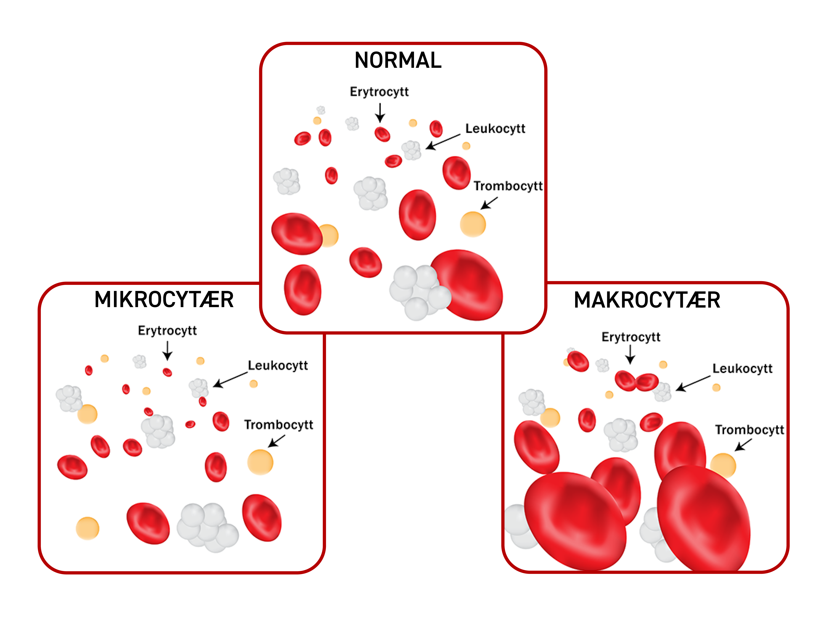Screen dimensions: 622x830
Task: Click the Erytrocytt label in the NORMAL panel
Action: coord(379,92)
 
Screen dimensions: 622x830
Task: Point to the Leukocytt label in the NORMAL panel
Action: coord(495,129)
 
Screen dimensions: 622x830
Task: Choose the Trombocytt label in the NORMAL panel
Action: coord(508,186)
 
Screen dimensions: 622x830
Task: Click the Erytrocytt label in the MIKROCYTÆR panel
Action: coord(167,331)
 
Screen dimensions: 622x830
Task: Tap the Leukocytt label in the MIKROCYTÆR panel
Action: coord(278,366)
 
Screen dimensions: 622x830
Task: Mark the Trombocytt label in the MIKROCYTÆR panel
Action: coord(278,425)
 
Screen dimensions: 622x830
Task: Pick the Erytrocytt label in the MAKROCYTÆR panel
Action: coord(631,337)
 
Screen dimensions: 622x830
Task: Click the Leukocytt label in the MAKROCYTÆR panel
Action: coord(742,369)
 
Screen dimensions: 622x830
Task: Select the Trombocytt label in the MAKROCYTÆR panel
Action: coord(749,430)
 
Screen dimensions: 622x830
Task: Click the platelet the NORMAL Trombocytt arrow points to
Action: coord(473,224)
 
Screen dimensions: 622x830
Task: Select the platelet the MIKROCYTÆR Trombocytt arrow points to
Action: coord(260,462)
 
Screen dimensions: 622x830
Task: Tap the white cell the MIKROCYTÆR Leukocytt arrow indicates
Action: coord(198,387)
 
